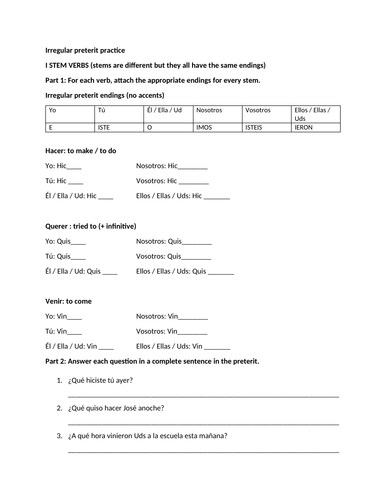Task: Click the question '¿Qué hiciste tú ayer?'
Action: (x=101, y=380)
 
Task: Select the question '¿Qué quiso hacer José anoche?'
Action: (x=117, y=408)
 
